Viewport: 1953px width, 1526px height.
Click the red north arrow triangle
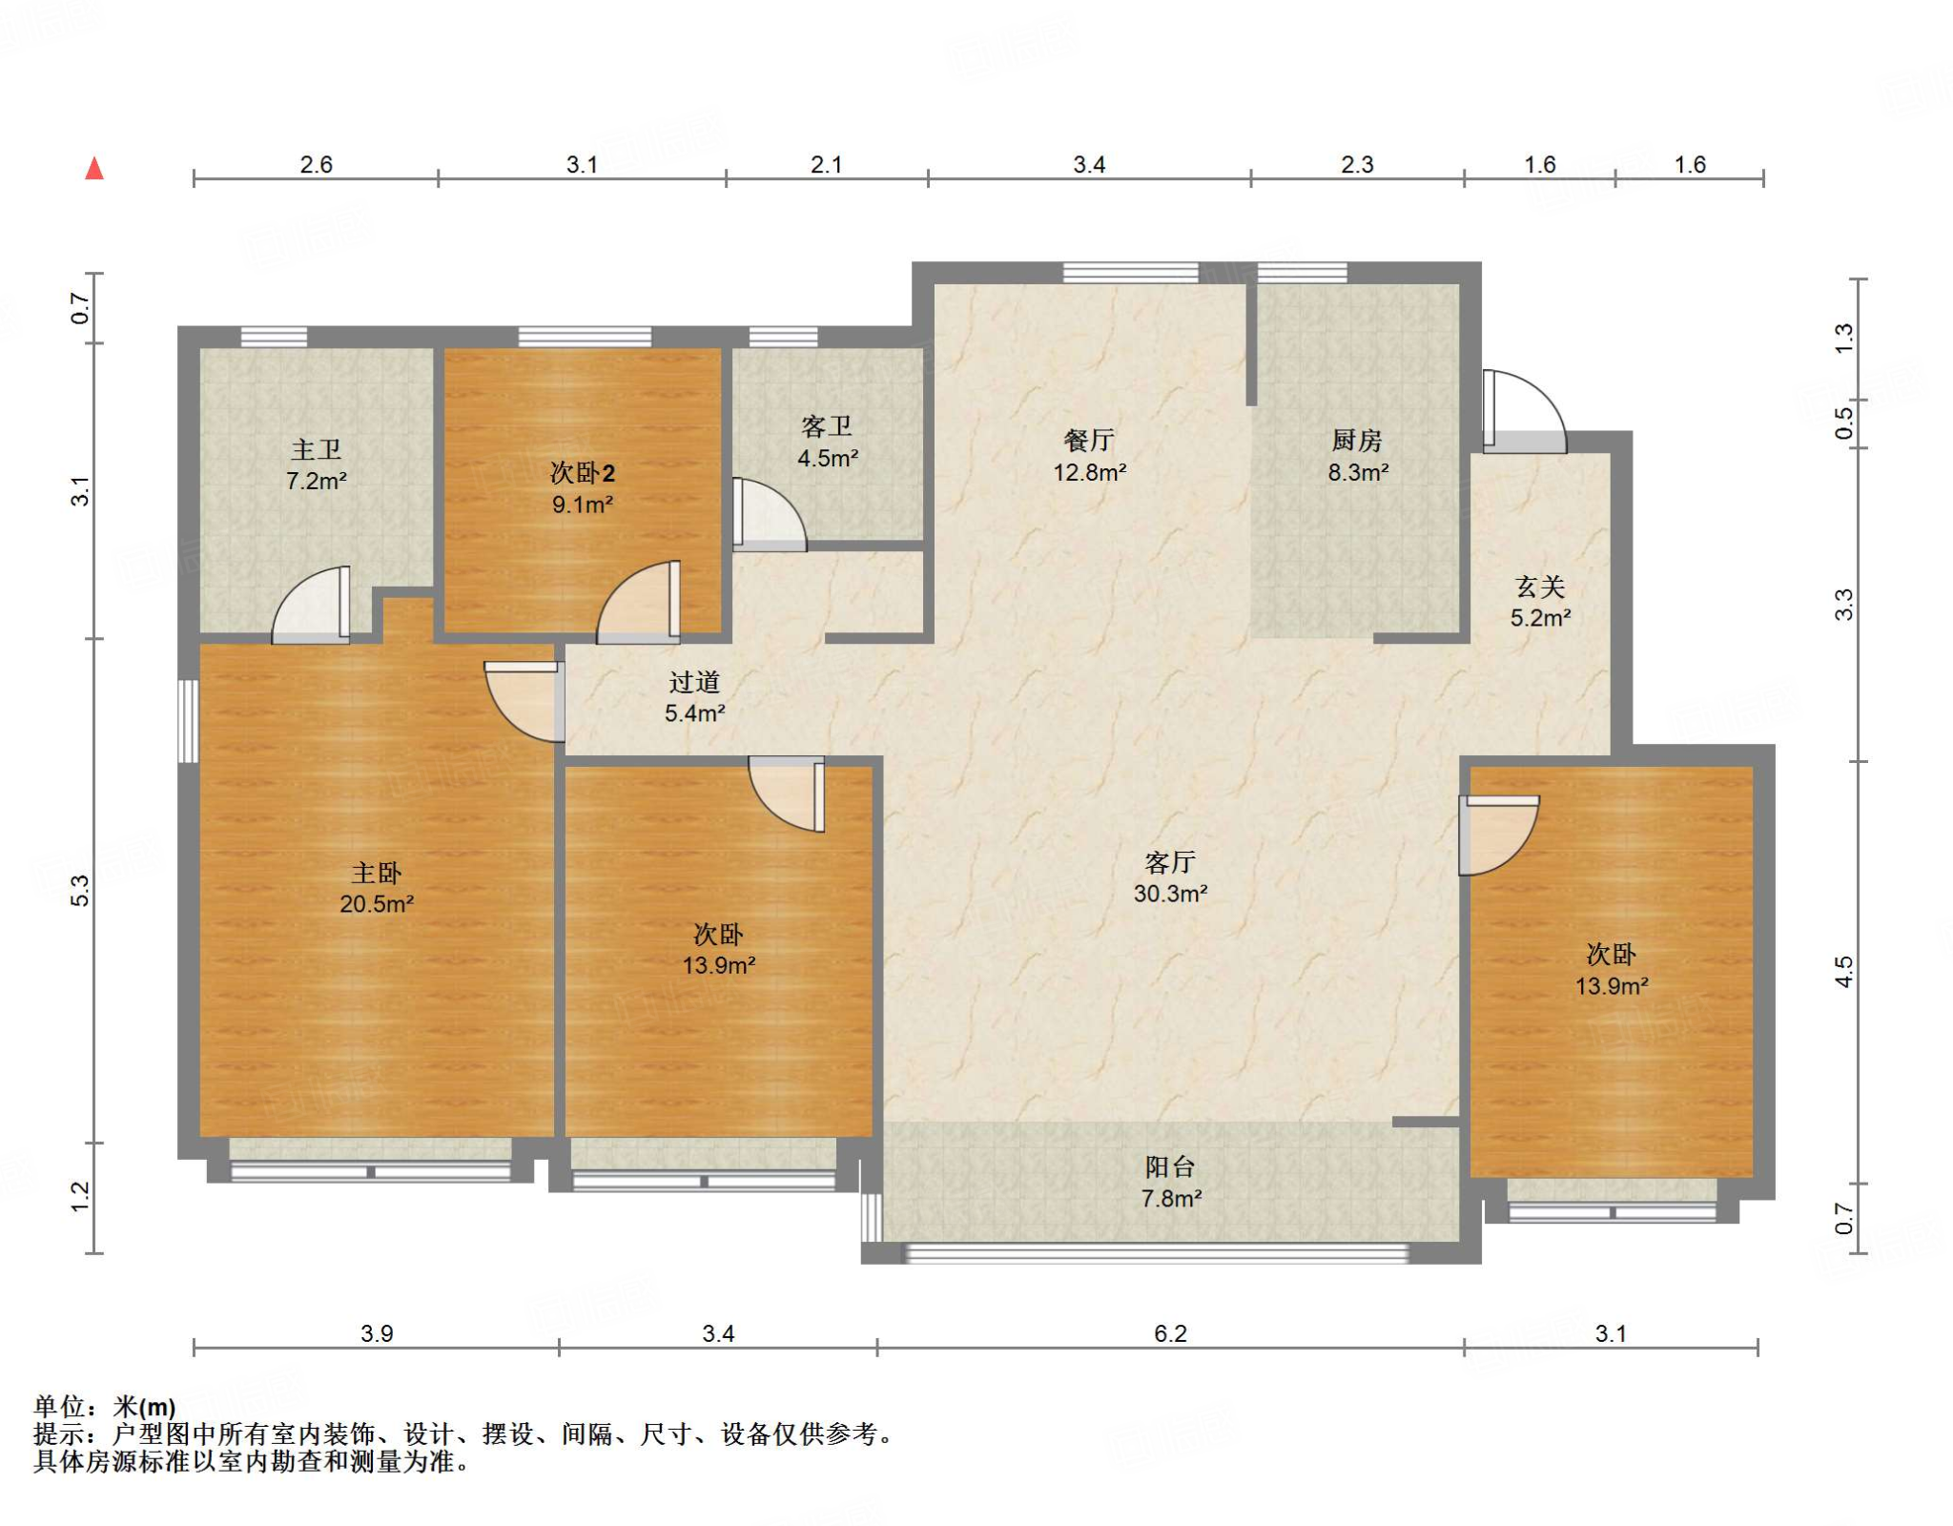point(94,169)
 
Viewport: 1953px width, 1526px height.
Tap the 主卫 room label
point(317,449)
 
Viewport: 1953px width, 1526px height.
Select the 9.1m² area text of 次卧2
point(582,504)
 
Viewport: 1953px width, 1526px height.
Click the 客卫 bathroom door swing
point(770,515)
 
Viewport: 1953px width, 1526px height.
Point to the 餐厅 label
point(1089,441)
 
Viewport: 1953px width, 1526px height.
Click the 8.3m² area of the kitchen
point(1358,472)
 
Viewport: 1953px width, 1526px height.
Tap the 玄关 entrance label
point(1540,586)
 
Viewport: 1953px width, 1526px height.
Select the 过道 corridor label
point(694,682)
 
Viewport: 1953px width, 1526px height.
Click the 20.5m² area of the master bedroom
point(377,903)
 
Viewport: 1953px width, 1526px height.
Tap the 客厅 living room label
point(1170,862)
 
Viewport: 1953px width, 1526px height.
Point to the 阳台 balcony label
point(1170,1166)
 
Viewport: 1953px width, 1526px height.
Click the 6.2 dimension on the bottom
point(1170,1332)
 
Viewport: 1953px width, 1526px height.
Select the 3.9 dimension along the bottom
point(377,1332)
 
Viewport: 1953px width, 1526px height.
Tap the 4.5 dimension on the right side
point(1843,972)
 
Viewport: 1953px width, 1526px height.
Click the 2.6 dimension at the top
point(316,164)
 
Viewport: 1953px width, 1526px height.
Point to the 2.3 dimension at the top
point(1357,164)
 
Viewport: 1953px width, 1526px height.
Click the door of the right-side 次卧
point(1499,835)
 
